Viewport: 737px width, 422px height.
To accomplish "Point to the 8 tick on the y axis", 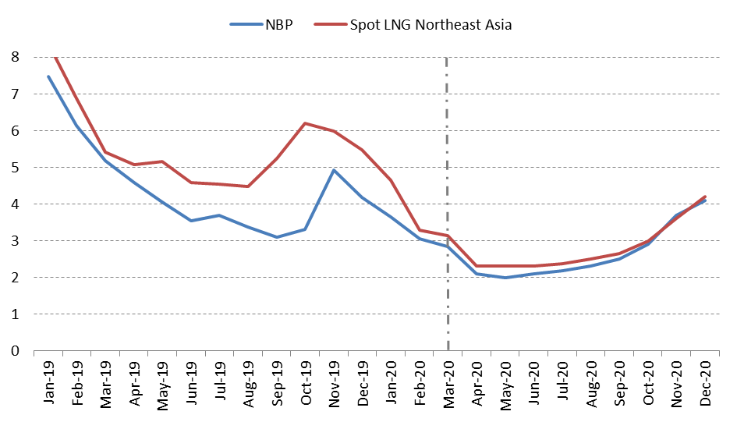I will tap(15, 57).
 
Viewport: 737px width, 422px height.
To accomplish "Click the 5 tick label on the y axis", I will tap(15, 168).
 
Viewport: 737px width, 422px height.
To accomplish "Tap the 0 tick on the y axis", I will tap(15, 351).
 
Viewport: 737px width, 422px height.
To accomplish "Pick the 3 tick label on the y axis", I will tap(15, 241).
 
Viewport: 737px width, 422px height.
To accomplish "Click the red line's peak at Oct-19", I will tap(305, 123).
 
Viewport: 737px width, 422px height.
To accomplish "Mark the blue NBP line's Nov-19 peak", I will tap(334, 170).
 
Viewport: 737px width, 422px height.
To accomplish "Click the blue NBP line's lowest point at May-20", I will tap(505, 278).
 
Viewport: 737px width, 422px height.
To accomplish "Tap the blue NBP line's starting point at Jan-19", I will tap(48, 76).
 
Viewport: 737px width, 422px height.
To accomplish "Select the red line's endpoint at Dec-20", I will tap(705, 197).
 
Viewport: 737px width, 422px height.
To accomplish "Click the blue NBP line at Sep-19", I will tap(277, 237).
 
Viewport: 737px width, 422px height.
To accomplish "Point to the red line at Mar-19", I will tap(105, 153).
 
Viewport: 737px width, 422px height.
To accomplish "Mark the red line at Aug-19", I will tap(248, 186).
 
